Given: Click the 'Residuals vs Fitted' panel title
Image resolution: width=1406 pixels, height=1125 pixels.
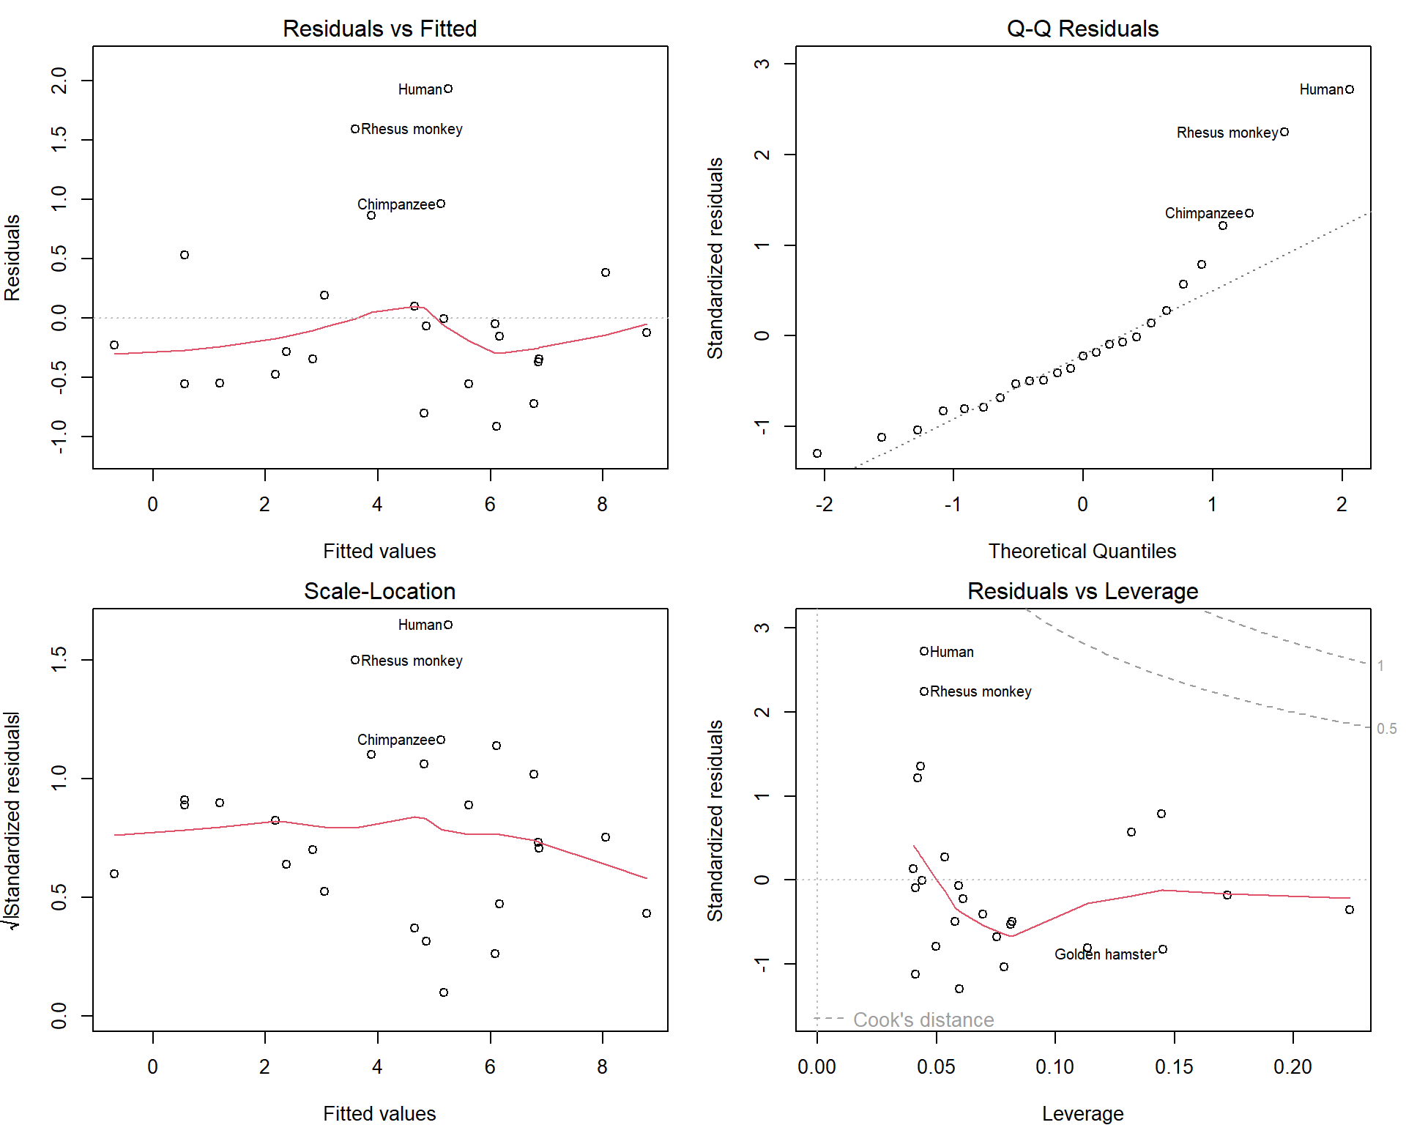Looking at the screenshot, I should pos(379,29).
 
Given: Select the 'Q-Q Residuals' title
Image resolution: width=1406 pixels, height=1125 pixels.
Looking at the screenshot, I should pos(1082,29).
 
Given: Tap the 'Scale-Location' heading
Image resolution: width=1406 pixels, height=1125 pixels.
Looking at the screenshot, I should pos(379,591).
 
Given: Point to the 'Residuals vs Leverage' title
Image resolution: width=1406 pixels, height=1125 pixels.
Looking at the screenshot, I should pos(1082,591).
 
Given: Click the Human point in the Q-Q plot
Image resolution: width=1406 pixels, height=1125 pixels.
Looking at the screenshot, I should pos(1350,89).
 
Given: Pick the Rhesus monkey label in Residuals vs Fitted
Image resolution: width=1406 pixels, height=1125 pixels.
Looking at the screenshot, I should pos(412,130).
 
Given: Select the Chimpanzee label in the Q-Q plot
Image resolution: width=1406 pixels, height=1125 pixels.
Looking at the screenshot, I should pos(1204,213).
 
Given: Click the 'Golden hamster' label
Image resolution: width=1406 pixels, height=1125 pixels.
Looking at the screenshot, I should pos(1105,954).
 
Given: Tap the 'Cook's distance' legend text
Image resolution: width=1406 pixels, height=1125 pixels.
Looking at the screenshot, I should pos(923,1020).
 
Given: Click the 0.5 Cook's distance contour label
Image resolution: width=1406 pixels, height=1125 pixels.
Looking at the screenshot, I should pos(1386,729).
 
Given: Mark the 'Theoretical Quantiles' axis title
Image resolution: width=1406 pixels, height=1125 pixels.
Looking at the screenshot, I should pos(1082,551).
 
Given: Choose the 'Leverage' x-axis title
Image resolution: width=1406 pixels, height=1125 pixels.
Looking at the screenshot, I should pos(1082,1113).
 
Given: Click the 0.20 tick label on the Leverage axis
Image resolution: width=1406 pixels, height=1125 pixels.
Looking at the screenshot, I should pos(1292,1066).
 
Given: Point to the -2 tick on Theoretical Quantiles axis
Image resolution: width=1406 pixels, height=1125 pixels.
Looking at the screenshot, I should pos(824,504).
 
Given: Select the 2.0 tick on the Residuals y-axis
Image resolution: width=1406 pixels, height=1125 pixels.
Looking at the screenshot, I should pos(59,81).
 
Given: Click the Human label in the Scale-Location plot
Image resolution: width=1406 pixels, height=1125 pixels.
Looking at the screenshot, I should pos(420,625).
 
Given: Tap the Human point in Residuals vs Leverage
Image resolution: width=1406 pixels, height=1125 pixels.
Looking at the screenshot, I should pos(924,651).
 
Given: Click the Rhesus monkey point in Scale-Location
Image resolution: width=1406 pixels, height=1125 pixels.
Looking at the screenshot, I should pos(355,660).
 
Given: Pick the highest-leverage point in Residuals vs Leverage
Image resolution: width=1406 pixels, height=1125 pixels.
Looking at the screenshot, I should pos(1350,910).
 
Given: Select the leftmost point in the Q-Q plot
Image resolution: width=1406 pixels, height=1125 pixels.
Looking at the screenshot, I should pos(817,453).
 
